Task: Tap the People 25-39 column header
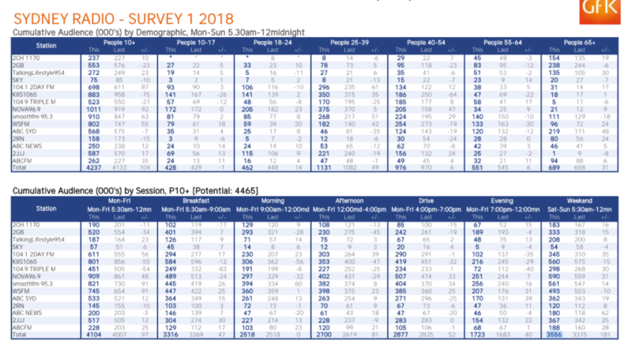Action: (x=341, y=41)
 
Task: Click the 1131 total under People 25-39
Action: (x=323, y=167)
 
